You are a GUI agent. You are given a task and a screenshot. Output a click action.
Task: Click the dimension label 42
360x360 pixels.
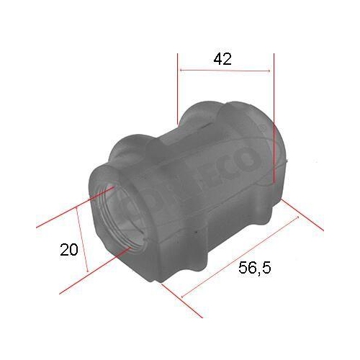(222, 60)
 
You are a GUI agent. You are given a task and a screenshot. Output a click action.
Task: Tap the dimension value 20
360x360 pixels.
(69, 250)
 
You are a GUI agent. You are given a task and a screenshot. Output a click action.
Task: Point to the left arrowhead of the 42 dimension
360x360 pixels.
(181, 71)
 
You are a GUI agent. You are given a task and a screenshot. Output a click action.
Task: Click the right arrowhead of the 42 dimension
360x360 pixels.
(270, 71)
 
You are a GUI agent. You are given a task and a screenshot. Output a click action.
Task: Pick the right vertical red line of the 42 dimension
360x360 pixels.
(274, 115)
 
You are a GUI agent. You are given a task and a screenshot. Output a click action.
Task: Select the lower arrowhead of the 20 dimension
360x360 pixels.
(87, 270)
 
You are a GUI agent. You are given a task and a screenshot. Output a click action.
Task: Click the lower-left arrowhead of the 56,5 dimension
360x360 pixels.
(184, 296)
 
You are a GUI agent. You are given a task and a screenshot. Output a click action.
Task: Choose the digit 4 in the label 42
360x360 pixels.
(217, 60)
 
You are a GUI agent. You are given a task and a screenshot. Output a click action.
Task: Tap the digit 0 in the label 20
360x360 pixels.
(74, 250)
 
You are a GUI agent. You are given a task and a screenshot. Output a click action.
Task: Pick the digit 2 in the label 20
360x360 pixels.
(65, 250)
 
